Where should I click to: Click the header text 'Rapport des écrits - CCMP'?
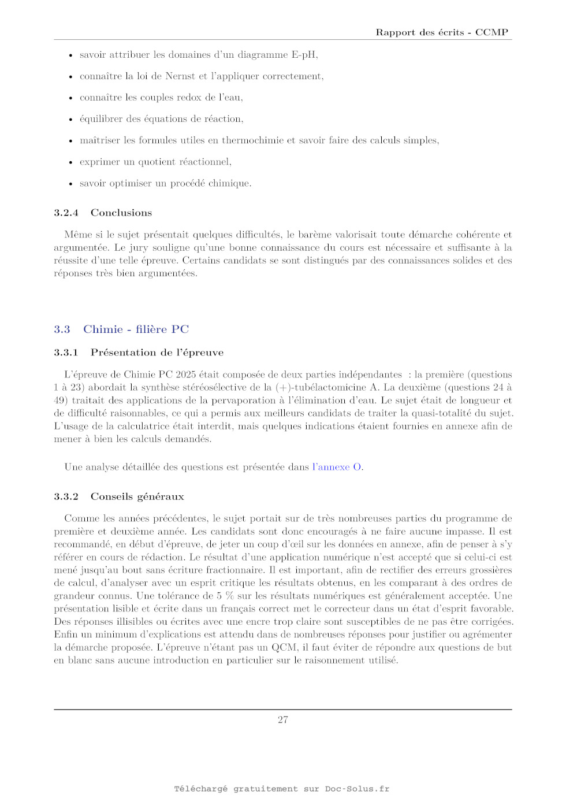pyautogui.click(x=442, y=32)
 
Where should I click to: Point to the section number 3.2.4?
pyautogui.click(x=66, y=213)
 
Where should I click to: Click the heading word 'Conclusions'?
pyautogui.click(x=121, y=213)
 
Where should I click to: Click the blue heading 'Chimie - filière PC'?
pyautogui.click(x=136, y=329)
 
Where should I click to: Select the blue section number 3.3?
pyautogui.click(x=62, y=329)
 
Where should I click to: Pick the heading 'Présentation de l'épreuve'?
pyautogui.click(x=157, y=353)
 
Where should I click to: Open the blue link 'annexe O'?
pyautogui.click(x=340, y=467)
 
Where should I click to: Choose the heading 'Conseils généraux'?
pyautogui.click(x=137, y=496)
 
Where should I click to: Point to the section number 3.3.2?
pyautogui.click(x=66, y=496)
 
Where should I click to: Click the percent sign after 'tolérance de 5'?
pyautogui.click(x=229, y=596)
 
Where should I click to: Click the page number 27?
pyautogui.click(x=283, y=720)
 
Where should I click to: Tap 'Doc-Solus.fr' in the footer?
pyautogui.click(x=357, y=789)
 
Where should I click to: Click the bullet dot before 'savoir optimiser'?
pyautogui.click(x=70, y=184)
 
